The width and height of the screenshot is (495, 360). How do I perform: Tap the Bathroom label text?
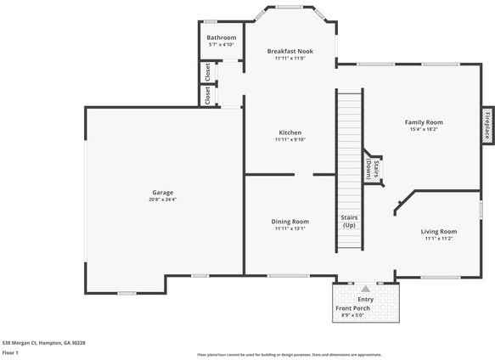coord(222,38)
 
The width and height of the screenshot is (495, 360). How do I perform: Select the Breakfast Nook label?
coord(290,51)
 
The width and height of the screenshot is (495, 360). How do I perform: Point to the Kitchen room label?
coord(290,132)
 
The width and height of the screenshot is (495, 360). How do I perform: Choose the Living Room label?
coord(439,231)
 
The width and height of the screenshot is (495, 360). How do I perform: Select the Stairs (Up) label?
coord(349,222)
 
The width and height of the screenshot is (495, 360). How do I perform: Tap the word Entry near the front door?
coord(365,299)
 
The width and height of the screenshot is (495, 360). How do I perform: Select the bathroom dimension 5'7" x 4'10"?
coord(222,45)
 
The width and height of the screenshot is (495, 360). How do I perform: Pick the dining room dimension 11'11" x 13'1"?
coord(290,228)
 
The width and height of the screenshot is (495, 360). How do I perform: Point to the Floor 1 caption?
coord(10,352)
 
